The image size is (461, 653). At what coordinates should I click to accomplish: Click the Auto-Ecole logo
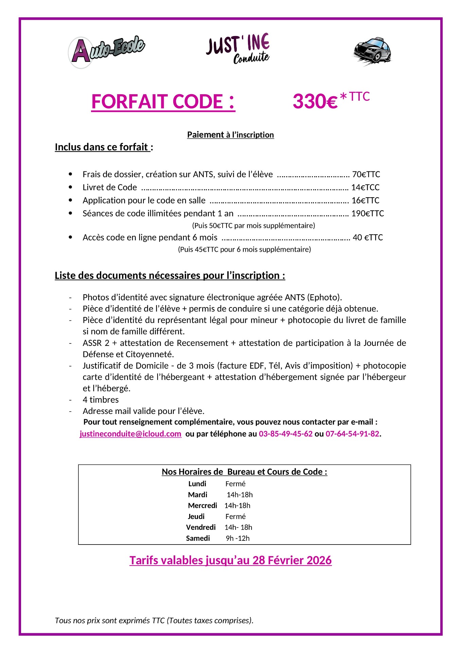[x=107, y=51]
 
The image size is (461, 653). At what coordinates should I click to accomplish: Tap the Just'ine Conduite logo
[x=238, y=49]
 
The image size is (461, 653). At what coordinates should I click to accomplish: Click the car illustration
[x=372, y=51]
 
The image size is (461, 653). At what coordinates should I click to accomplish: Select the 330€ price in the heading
[x=315, y=101]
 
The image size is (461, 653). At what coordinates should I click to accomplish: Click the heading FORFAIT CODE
[x=163, y=102]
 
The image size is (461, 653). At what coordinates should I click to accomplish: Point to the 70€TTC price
[x=366, y=174]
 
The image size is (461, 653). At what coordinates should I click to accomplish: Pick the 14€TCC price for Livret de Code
[x=365, y=187]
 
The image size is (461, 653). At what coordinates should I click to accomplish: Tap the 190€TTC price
[x=368, y=214]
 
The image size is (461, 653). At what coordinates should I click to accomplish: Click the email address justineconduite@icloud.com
[x=130, y=434]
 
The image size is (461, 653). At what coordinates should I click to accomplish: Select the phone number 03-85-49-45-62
[x=285, y=434]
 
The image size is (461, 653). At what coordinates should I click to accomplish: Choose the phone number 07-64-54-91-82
[x=352, y=434]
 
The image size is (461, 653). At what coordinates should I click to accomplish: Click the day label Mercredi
[x=202, y=506]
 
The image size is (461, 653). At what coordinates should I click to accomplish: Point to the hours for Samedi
[x=237, y=538]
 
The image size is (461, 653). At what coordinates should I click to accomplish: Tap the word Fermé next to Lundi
[x=235, y=484]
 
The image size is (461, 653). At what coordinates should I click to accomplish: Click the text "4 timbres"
[x=101, y=400]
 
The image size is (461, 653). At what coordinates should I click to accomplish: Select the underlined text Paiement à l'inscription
[x=230, y=135]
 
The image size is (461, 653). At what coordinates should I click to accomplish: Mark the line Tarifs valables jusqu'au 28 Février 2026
[x=230, y=560]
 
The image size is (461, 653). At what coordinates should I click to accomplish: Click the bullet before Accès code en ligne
[x=70, y=237]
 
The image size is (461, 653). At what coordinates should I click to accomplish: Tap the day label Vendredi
[x=201, y=528]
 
